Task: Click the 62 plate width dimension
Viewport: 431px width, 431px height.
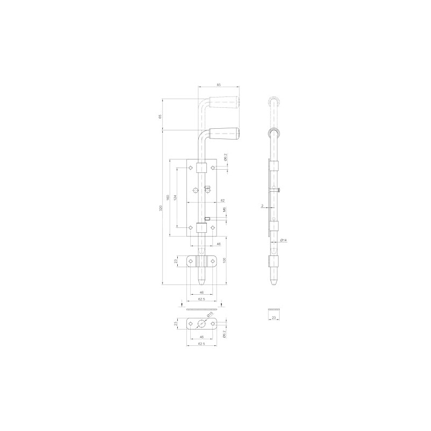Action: point(207,200)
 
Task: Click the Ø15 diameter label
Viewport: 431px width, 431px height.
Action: point(210,314)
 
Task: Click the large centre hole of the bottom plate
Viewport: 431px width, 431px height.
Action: point(201,323)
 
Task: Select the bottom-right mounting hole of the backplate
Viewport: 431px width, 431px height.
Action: point(213,228)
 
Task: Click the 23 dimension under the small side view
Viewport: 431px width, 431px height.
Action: point(274,318)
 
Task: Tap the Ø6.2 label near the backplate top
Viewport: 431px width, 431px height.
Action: point(225,158)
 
